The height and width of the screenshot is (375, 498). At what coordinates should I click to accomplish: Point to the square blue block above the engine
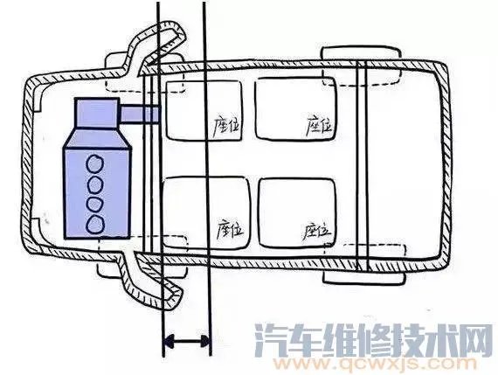[x=97, y=115]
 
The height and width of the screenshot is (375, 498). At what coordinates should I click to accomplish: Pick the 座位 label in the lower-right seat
[x=315, y=229]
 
